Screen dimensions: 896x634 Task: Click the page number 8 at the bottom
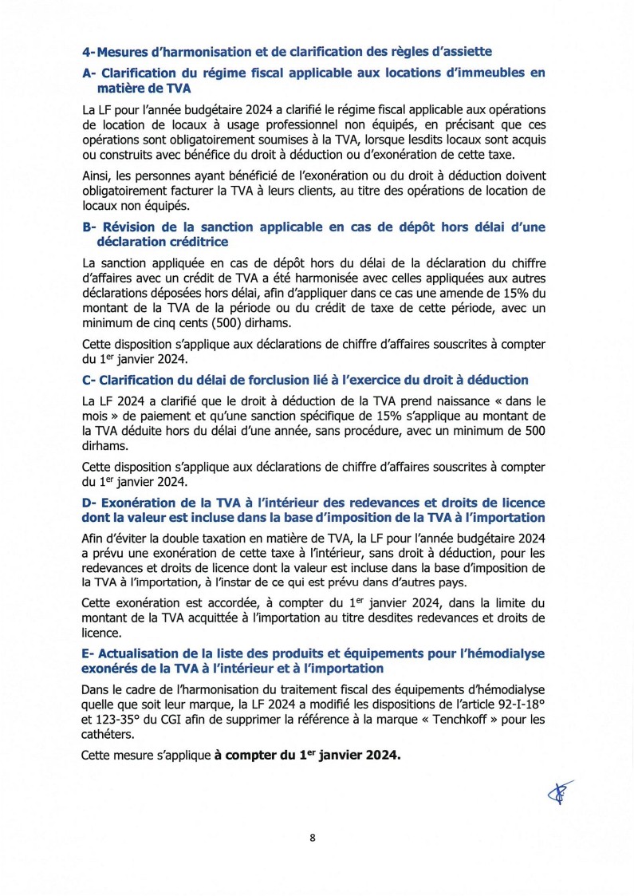pyautogui.click(x=313, y=837)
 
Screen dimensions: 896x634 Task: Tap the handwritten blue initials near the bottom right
pyautogui.click(x=561, y=792)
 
